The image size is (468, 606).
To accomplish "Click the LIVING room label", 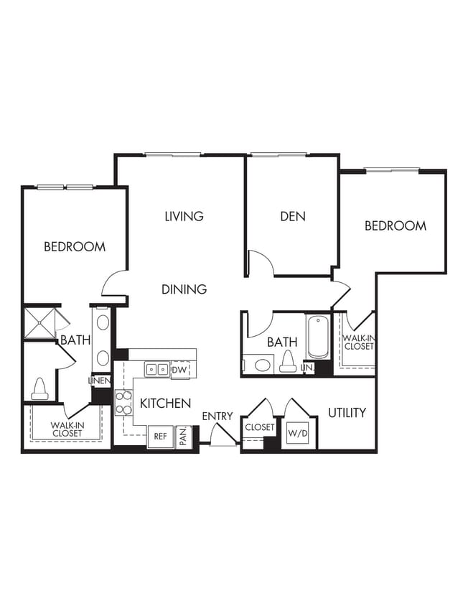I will coord(184,216).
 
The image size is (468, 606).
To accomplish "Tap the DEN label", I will coord(293,216).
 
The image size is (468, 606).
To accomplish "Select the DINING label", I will coord(184,289).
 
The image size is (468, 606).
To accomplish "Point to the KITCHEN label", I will coord(165,404).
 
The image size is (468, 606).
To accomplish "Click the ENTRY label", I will coord(217,416).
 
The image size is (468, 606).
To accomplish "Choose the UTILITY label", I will coord(347,413).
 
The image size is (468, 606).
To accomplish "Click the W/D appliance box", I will coord(298,433).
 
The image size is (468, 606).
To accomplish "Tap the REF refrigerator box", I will coord(160,436).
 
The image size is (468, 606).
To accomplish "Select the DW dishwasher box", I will coord(180,370).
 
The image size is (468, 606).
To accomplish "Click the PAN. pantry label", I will coord(184,436).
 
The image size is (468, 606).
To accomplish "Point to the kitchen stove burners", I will coord(123,403).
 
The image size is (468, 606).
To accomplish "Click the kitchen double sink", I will coord(156,370).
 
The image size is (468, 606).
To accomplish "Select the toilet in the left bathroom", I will coord(39,390).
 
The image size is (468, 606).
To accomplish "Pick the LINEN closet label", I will coord(99,381).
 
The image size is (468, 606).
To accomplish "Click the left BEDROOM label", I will coord(75,247).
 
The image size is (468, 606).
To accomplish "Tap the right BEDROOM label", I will coord(396,225).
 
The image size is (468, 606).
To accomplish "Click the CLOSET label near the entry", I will coord(258,427).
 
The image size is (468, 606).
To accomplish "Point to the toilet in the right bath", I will coord(288,362).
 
